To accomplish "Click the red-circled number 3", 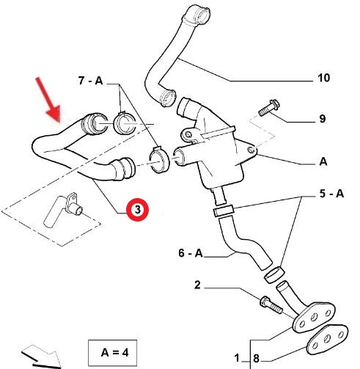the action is (137, 210).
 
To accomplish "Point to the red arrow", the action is (48, 100).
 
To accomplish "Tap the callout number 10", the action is (323, 78).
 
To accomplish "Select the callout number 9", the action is (323, 119).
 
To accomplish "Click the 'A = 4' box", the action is (112, 353).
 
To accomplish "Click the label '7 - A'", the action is (90, 81).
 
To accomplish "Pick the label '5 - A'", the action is (331, 194).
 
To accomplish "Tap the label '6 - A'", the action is (191, 253).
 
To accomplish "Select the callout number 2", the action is (197, 285).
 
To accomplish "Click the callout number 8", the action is (256, 359).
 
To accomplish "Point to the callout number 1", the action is (237, 358).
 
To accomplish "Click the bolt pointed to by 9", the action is (269, 108).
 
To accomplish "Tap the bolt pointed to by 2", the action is (271, 304).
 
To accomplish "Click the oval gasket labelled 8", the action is (327, 339).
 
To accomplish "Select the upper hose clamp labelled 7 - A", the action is (125, 123).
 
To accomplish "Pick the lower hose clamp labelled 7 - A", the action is (159, 159).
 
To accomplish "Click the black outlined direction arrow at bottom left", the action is (42, 357).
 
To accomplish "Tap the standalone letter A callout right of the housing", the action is (323, 161).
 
